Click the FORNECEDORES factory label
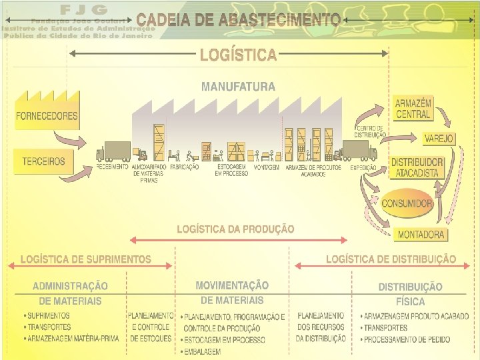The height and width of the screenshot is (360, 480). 47,115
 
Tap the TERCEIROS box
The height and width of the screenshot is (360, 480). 43,161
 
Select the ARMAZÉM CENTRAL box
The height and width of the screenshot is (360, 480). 413,109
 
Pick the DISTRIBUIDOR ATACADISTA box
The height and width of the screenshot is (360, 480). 417,167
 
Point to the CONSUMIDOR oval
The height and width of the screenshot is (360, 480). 407,203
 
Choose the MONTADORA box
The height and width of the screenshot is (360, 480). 421,235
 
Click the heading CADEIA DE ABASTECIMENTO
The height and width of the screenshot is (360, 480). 238,21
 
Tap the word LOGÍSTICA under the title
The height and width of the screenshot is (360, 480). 238,55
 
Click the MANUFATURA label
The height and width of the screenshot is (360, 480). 238,87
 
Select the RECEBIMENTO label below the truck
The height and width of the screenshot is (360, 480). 112,167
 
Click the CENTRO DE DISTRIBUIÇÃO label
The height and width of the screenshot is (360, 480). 371,131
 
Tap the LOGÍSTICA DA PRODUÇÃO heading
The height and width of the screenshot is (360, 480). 235,229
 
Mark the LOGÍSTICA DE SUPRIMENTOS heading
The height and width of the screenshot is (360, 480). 86,259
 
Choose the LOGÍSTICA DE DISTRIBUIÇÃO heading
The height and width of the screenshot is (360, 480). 391,259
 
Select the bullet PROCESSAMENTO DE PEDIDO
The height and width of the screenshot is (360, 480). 407,339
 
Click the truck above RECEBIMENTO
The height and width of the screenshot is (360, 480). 114,151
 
